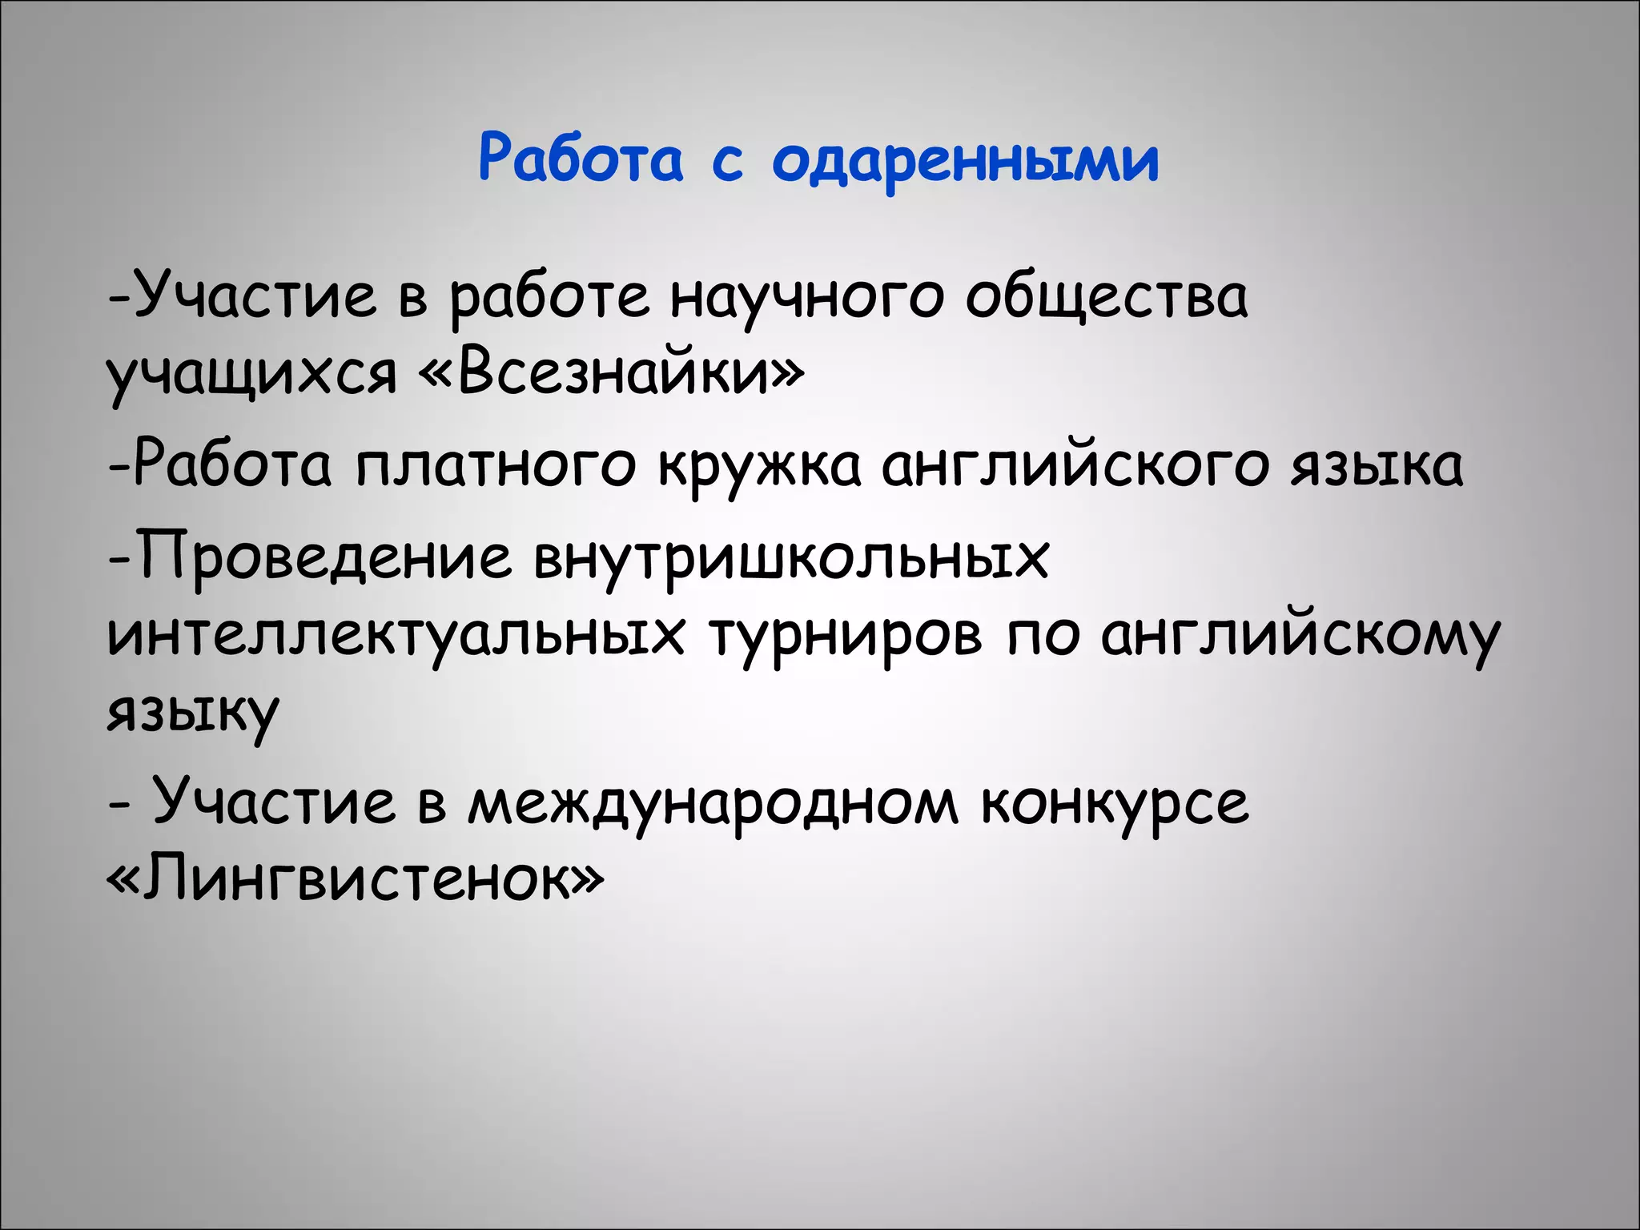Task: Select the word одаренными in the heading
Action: [965, 160]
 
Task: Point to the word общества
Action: [1106, 296]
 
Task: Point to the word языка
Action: [1377, 465]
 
